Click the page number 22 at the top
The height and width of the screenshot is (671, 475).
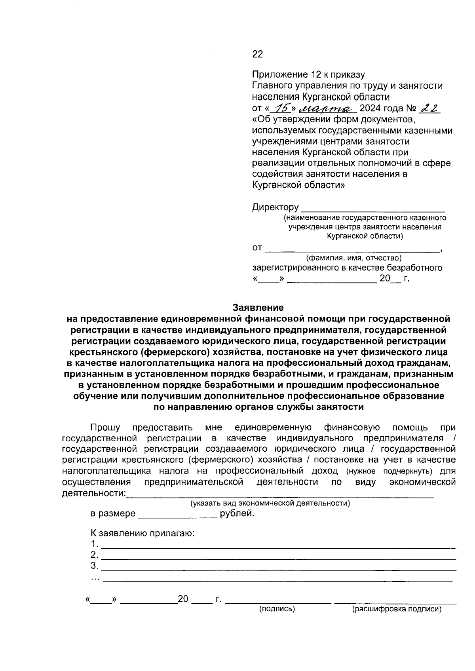point(257,54)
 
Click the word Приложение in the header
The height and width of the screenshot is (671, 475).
point(280,75)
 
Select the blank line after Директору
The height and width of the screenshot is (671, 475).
point(372,208)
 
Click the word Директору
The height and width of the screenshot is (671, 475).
point(275,207)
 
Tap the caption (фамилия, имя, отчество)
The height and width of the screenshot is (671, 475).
point(348,258)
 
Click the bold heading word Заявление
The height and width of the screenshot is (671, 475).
point(258,308)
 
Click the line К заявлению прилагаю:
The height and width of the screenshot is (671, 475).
point(143,533)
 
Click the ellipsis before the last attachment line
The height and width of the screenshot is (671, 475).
point(95,578)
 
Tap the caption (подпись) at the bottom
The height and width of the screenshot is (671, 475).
point(277,609)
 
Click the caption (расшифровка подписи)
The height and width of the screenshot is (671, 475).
point(396,609)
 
